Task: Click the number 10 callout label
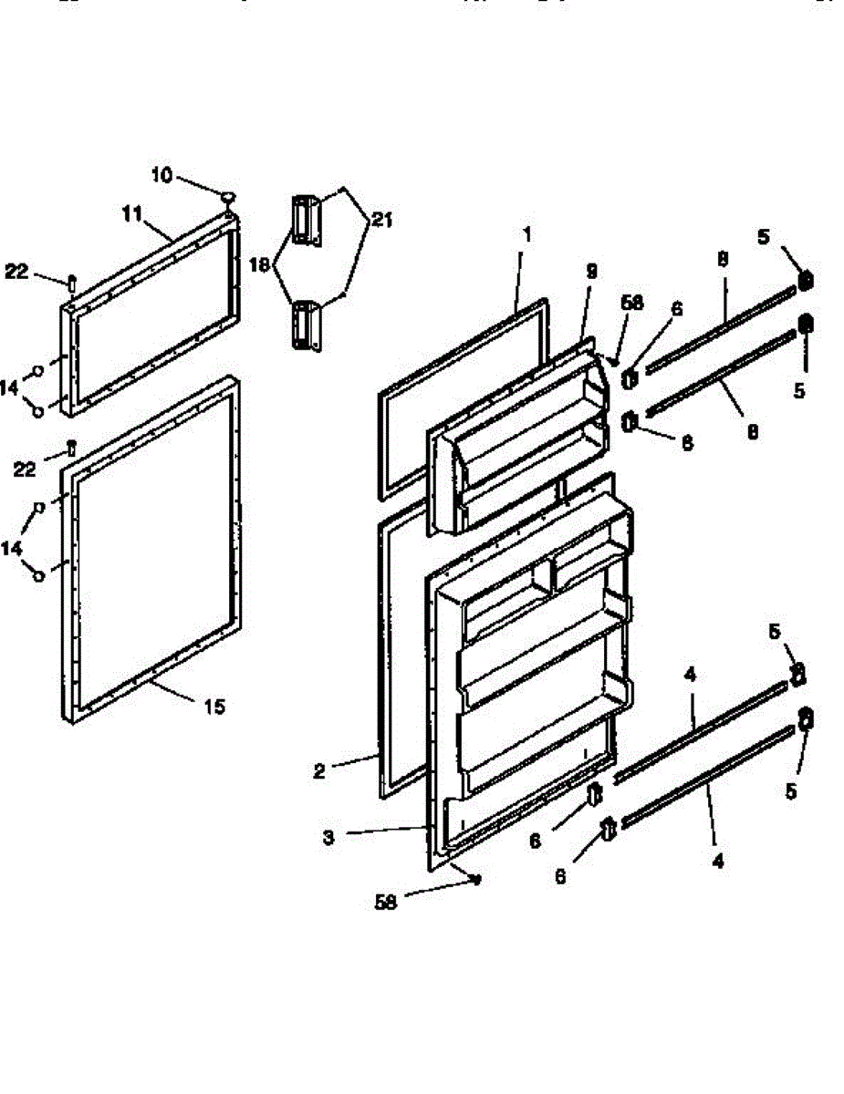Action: [161, 175]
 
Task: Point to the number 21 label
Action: [381, 219]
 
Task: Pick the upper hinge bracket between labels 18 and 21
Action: [304, 219]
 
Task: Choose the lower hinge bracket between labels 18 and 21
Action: [304, 325]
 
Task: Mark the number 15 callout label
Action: [214, 706]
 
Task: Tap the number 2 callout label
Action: [318, 771]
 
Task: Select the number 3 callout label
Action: [328, 837]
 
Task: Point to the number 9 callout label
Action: [591, 271]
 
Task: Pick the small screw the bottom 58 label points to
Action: [477, 879]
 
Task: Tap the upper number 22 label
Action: [17, 271]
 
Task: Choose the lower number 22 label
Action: [25, 469]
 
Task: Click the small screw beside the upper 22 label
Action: [71, 280]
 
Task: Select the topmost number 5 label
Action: [764, 238]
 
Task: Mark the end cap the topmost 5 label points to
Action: [805, 280]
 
